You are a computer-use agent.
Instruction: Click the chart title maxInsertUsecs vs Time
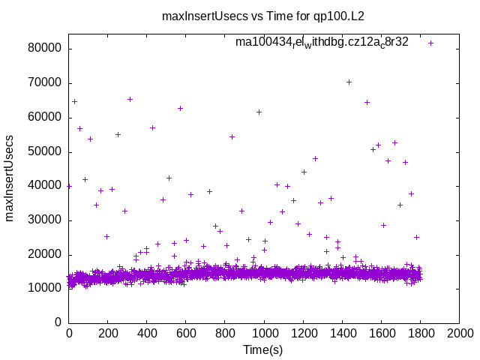pos(268,15)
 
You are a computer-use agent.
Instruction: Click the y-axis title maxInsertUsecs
pos(10,178)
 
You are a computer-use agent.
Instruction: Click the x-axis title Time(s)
pos(263,349)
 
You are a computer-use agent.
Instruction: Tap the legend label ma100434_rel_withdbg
pos(322,42)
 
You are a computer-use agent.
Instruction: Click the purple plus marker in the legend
pos(430,43)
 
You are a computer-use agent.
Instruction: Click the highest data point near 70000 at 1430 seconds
pos(349,82)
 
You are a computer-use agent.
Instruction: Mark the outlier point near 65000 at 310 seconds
pos(130,99)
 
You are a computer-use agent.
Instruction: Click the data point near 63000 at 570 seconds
pos(180,108)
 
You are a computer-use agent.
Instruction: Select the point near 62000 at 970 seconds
pos(259,112)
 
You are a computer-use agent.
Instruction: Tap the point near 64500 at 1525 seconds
pos(367,102)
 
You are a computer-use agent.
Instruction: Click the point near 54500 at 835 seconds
pos(232,136)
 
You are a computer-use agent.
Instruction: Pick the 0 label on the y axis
pos(58,322)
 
